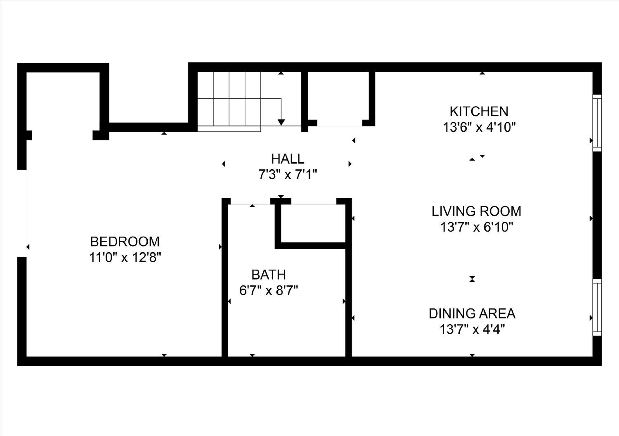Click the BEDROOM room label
click(x=125, y=242)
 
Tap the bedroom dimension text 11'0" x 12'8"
click(x=125, y=257)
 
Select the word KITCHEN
click(x=479, y=111)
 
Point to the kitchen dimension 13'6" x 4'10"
click(x=479, y=127)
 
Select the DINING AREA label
click(x=472, y=314)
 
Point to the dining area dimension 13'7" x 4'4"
click(x=472, y=329)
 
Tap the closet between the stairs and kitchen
click(x=338, y=98)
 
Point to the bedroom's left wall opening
click(x=22, y=214)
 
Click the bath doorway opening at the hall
click(x=250, y=201)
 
